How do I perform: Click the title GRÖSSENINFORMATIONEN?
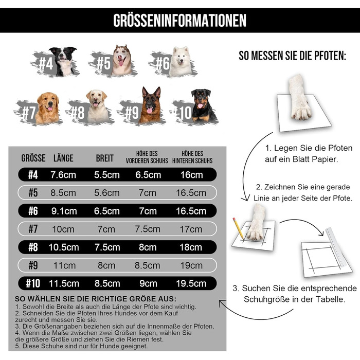(x=180, y=21)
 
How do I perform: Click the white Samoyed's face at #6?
(x=181, y=57)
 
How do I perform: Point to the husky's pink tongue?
(x=121, y=63)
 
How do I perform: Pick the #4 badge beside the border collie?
(x=46, y=63)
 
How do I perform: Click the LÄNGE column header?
(x=63, y=158)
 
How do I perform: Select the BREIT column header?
(x=105, y=158)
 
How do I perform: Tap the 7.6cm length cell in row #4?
(x=63, y=175)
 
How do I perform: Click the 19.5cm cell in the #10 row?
(x=191, y=283)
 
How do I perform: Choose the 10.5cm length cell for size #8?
(x=64, y=247)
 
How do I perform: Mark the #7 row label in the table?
(x=33, y=229)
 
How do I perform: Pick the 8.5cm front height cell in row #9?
(x=148, y=265)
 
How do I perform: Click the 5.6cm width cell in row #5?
(x=107, y=193)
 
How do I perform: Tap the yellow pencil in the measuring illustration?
(x=238, y=228)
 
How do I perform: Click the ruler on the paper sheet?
(x=335, y=247)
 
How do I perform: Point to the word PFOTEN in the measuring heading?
(x=330, y=56)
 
